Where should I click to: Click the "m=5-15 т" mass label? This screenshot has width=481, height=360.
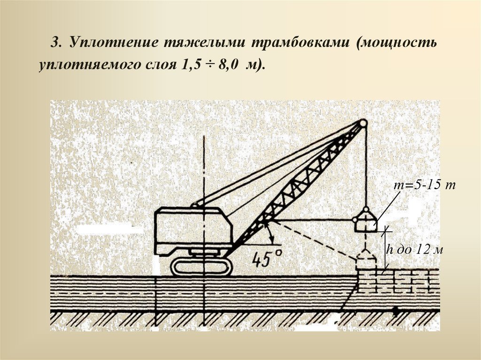click(425, 185)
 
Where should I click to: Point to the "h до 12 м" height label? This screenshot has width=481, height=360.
click(414, 250)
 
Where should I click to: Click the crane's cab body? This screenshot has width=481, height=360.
click(193, 229)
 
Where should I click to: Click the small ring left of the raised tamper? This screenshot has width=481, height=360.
click(355, 220)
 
